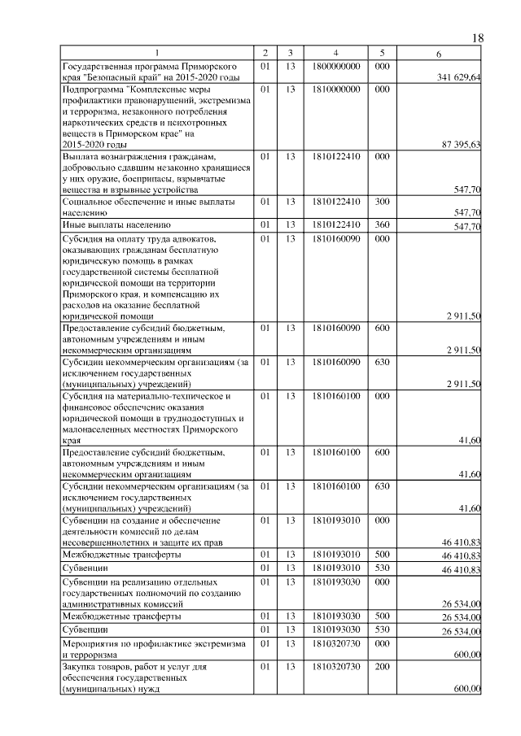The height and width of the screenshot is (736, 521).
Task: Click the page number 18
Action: (x=478, y=38)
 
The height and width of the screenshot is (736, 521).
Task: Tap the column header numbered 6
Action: (x=439, y=54)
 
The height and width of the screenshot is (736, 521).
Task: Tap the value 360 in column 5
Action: (x=382, y=224)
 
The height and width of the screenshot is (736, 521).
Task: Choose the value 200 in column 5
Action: (x=382, y=667)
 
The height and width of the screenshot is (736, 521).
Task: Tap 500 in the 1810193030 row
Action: (x=382, y=616)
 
